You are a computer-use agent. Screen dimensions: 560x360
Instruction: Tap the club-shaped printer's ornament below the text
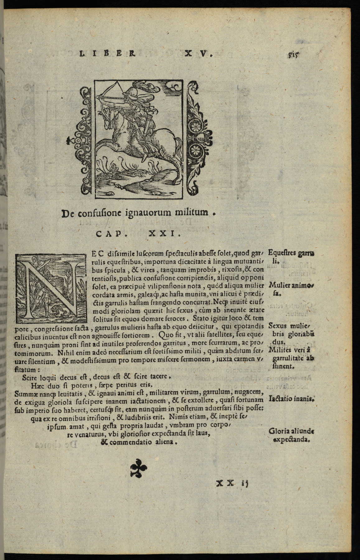point(138,467)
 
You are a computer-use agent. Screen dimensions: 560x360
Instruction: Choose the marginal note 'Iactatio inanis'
point(291,398)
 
